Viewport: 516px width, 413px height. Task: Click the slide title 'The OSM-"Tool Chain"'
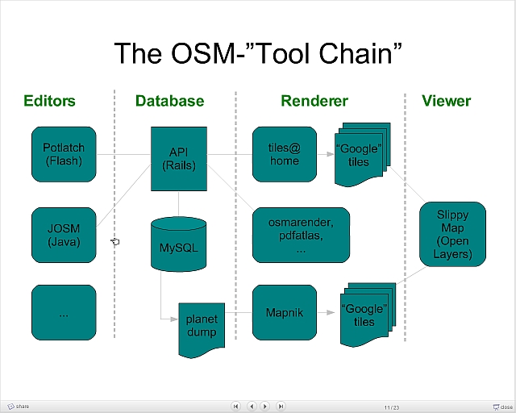click(x=258, y=52)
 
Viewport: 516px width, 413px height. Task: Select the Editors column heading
click(x=49, y=101)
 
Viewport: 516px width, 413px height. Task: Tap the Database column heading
click(x=169, y=101)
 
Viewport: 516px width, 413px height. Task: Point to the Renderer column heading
click(x=314, y=101)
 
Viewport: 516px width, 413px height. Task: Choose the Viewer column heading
click(x=446, y=101)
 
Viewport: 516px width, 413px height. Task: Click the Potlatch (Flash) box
click(x=64, y=153)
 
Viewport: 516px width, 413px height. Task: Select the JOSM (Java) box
click(x=64, y=235)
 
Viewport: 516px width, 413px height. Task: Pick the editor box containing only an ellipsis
click(x=64, y=312)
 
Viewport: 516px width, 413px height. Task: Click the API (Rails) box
click(x=178, y=158)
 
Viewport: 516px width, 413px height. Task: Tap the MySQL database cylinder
click(x=178, y=244)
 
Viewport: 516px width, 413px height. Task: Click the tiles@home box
click(x=284, y=153)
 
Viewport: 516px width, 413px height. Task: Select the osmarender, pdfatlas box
click(x=301, y=235)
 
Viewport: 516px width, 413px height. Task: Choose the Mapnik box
click(x=284, y=312)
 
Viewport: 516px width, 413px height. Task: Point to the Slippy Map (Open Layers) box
click(x=452, y=235)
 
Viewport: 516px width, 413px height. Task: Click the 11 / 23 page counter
click(x=392, y=406)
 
